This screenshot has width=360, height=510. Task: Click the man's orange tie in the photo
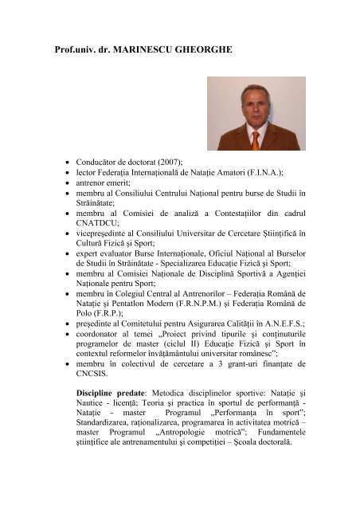(x=255, y=139)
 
